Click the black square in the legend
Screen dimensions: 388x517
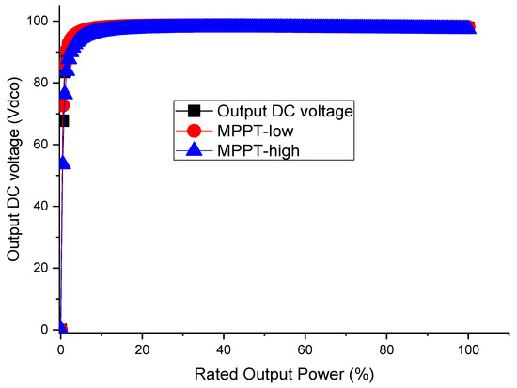click(x=194, y=111)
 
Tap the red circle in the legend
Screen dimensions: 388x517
click(x=194, y=130)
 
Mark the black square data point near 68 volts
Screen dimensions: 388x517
click(x=63, y=120)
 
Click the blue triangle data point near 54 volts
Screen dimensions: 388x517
click(x=64, y=163)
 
